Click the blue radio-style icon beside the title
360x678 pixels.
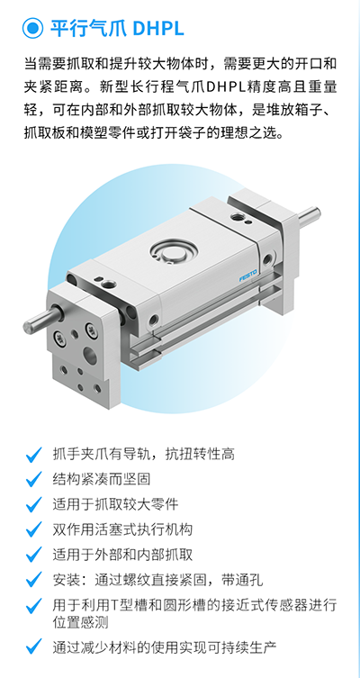tap(32, 29)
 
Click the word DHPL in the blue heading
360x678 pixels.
tap(158, 29)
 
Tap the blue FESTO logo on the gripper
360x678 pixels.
tap(248, 275)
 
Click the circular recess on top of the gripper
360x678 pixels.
tap(174, 251)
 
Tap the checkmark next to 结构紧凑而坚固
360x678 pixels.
tap(33, 480)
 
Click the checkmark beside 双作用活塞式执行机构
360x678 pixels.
tap(33, 529)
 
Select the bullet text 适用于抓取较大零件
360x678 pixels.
tap(115, 504)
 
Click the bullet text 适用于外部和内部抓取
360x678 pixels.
tap(122, 555)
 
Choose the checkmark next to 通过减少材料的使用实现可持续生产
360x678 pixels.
tap(33, 647)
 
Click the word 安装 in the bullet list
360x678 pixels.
tap(67, 580)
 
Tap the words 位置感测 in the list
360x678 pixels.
tap(80, 623)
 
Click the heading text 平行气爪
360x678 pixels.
tap(88, 29)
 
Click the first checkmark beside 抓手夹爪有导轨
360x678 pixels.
tap(33, 455)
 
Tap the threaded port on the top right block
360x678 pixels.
tap(238, 216)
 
